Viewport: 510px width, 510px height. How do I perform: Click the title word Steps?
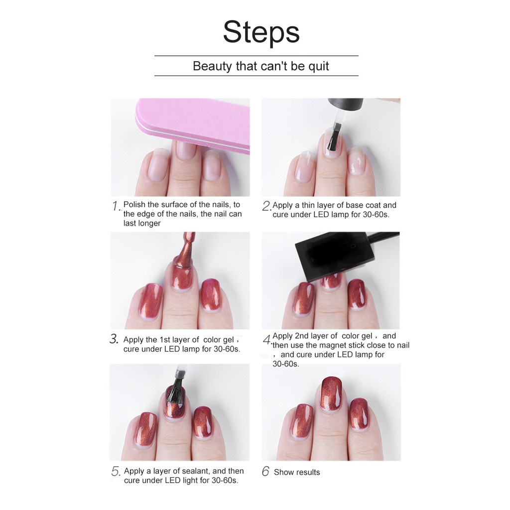coord(261,33)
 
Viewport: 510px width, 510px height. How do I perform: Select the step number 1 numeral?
coord(116,206)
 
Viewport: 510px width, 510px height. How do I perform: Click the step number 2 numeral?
coord(266,206)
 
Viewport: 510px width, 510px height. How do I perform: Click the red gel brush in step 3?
coord(183,259)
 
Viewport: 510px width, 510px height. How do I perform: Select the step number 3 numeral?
coord(114,340)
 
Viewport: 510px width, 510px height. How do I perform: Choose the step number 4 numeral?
coord(267,341)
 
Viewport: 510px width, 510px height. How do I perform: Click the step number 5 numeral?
coord(116,472)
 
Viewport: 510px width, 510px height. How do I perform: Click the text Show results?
coord(297,472)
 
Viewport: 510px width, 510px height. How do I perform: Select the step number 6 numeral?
coord(265,472)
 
